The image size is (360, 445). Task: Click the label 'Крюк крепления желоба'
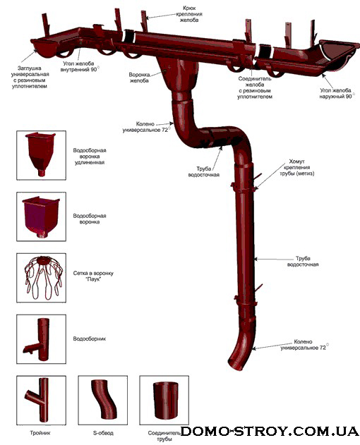point(189,14)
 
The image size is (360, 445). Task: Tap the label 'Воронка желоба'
point(139,78)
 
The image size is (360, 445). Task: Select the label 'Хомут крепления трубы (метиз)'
point(297,167)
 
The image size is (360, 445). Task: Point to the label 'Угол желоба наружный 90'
point(337,93)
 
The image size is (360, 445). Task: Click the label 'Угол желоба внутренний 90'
point(80,66)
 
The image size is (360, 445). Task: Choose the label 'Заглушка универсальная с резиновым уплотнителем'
point(30,77)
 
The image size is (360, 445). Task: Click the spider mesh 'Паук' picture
point(42,278)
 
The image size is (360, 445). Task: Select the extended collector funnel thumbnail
point(41,154)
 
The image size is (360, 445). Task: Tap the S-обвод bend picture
point(103,399)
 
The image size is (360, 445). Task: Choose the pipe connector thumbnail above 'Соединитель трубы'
point(166,401)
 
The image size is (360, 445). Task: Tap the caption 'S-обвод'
point(103,433)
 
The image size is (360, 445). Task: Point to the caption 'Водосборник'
point(90,339)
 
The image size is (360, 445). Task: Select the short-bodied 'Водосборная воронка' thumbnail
point(41,217)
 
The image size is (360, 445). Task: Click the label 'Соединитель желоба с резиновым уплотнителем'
point(255,87)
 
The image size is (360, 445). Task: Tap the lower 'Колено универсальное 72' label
point(304,345)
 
